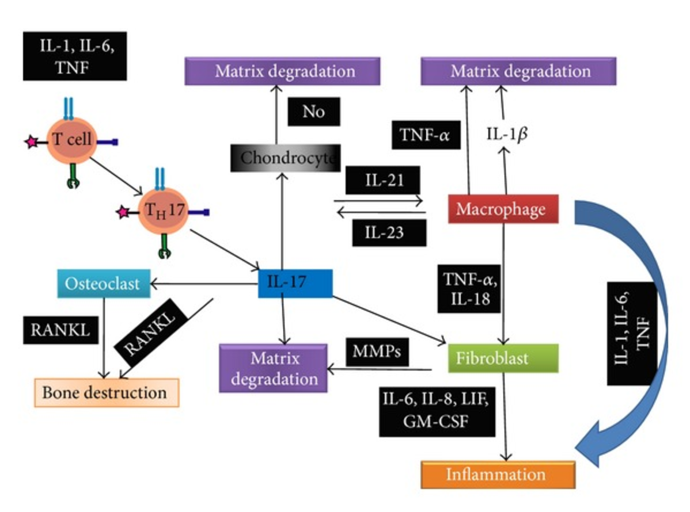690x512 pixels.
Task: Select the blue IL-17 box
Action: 295,283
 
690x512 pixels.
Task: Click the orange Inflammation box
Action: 499,475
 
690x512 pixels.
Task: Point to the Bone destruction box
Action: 107,392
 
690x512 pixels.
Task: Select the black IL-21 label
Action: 384,182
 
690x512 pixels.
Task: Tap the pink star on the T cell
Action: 29,142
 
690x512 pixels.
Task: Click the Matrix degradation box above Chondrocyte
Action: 283,71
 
